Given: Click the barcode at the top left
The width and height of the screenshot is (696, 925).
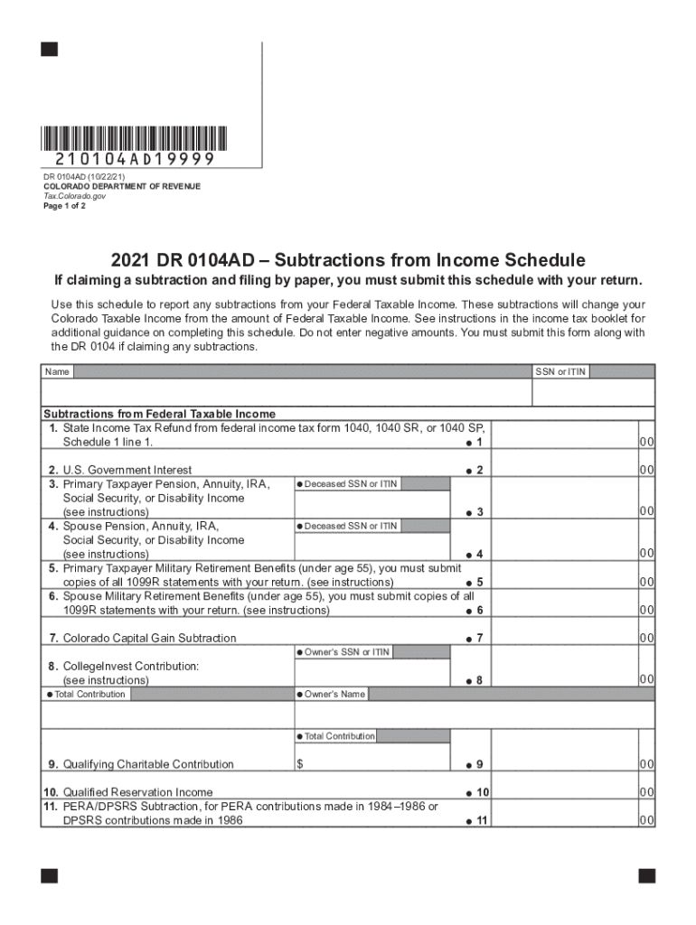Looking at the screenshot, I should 133,137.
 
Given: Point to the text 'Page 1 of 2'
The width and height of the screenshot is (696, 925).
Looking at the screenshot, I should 65,205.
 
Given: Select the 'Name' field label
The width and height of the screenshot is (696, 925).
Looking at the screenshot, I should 57,372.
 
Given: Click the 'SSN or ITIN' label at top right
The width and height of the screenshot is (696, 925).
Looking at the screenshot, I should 561,372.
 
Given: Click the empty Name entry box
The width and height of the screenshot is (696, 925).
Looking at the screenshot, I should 286,393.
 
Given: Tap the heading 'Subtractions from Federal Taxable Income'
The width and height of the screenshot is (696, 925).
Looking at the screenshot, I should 160,414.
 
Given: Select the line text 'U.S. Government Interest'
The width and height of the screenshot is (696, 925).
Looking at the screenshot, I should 127,470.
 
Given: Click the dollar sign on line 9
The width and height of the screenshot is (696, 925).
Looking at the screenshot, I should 300,764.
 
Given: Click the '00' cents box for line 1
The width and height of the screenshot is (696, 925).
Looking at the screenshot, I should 646,442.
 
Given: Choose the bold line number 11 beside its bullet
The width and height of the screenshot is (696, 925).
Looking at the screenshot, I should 482,821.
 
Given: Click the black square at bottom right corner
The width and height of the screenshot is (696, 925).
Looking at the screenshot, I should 647,876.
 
